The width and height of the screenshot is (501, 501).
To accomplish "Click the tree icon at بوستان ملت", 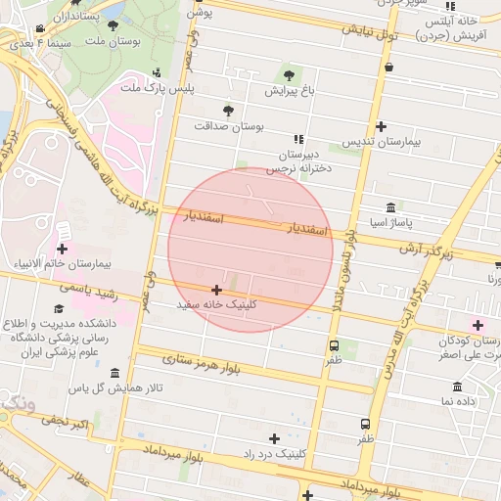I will (114, 26).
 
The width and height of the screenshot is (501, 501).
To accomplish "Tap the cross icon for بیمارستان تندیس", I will (381, 125).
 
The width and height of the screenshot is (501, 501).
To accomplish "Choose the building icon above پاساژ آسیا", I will (391, 208).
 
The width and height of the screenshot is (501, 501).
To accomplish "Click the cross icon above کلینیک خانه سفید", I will (216, 290).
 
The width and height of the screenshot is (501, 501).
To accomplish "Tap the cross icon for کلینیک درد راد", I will (274, 438).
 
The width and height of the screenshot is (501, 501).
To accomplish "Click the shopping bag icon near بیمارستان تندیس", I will (390, 68).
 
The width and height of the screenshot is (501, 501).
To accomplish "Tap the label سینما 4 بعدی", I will (29, 44).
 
